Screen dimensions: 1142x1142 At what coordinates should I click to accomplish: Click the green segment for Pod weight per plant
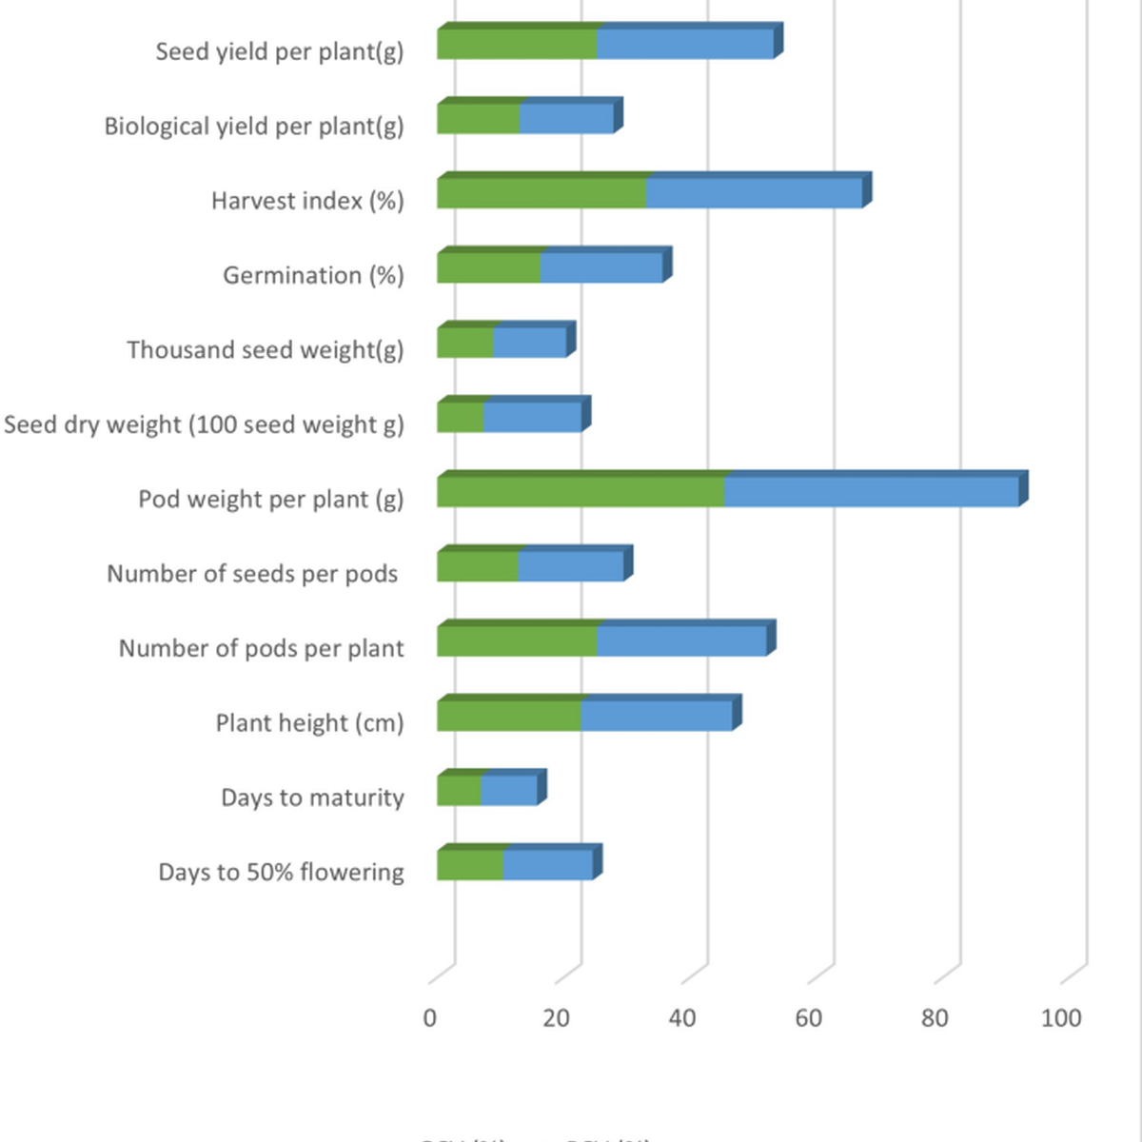581,491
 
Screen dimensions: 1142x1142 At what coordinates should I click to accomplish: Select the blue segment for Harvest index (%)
754,193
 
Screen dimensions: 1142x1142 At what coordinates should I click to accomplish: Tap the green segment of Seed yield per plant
517,45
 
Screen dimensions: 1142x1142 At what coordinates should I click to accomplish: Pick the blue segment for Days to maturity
509,791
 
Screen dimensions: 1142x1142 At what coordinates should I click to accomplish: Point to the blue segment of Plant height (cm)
657,716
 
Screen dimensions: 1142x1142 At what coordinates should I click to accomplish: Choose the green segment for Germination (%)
488,268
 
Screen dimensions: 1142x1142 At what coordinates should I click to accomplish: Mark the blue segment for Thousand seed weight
530,343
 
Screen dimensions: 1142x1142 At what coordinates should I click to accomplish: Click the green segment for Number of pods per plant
517,641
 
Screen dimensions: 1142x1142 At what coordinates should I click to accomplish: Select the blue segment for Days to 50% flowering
548,865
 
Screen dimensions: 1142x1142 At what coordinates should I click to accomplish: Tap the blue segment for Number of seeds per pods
571,566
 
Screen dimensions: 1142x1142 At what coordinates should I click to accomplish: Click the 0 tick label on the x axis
430,1018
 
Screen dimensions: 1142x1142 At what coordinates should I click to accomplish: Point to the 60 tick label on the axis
808,1018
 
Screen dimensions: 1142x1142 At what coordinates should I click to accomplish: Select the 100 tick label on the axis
1060,1018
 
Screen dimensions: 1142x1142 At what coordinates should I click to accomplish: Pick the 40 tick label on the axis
682,1018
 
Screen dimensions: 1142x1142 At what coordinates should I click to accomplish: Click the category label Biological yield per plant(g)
254,127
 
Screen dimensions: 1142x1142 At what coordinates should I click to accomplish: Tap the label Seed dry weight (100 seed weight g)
204,424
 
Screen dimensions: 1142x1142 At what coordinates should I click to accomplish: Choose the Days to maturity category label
312,797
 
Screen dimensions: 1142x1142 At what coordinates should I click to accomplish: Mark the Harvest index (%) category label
307,201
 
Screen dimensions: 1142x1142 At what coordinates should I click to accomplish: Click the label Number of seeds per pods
252,574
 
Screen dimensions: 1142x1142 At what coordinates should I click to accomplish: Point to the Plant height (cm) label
309,723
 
